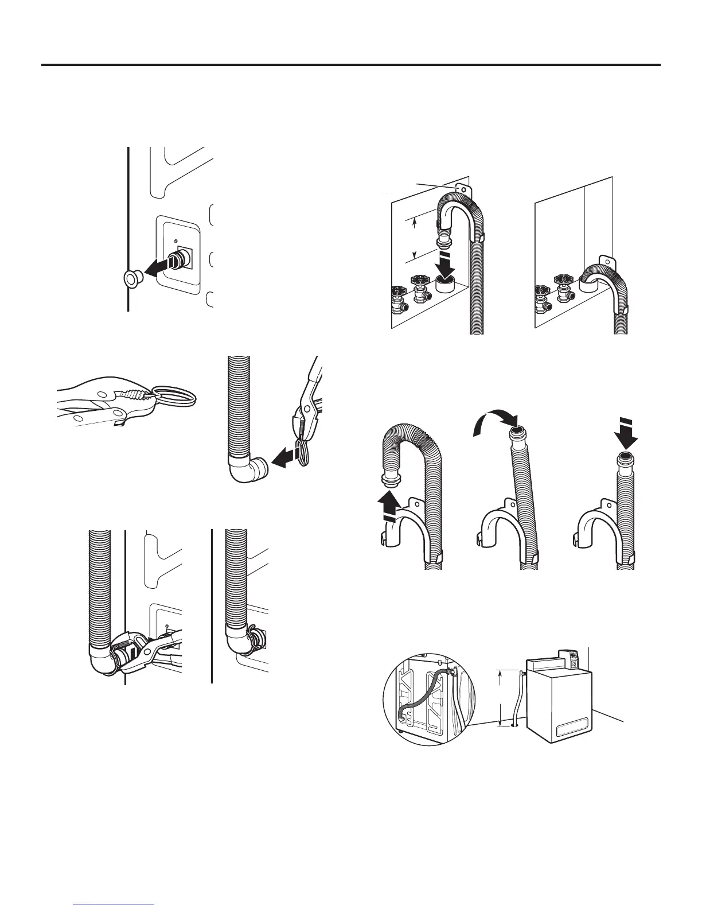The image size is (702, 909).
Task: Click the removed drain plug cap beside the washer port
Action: [132, 279]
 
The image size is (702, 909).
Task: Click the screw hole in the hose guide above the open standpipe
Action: [461, 188]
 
